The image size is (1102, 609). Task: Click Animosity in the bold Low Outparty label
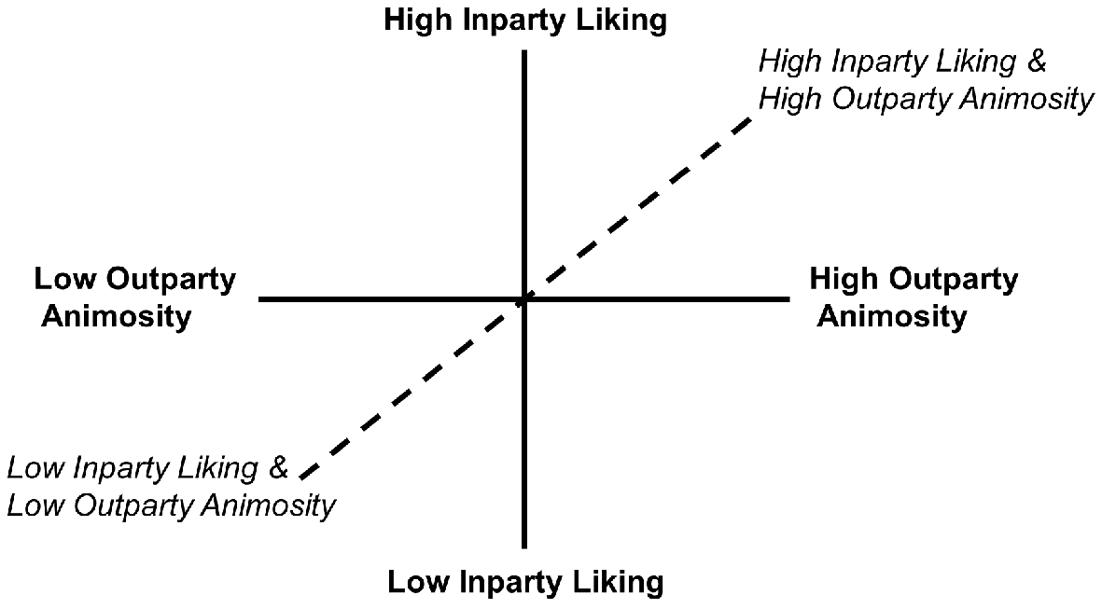(116, 317)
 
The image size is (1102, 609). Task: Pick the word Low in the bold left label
(64, 279)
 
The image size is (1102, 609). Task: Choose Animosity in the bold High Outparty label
(892, 317)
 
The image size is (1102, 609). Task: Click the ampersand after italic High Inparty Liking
(1037, 62)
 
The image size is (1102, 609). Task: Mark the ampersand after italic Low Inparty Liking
(279, 468)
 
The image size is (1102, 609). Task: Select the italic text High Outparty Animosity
(927, 99)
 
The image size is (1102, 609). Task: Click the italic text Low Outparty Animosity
(172, 505)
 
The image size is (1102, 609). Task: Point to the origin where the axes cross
(524, 299)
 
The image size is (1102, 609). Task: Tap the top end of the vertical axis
(524, 50)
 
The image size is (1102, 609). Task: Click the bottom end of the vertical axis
(524, 547)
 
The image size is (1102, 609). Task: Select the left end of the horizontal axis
(259, 299)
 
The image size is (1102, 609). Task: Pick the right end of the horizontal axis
(790, 299)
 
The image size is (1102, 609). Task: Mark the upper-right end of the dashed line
(750, 117)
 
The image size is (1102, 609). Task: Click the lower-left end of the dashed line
(301, 479)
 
